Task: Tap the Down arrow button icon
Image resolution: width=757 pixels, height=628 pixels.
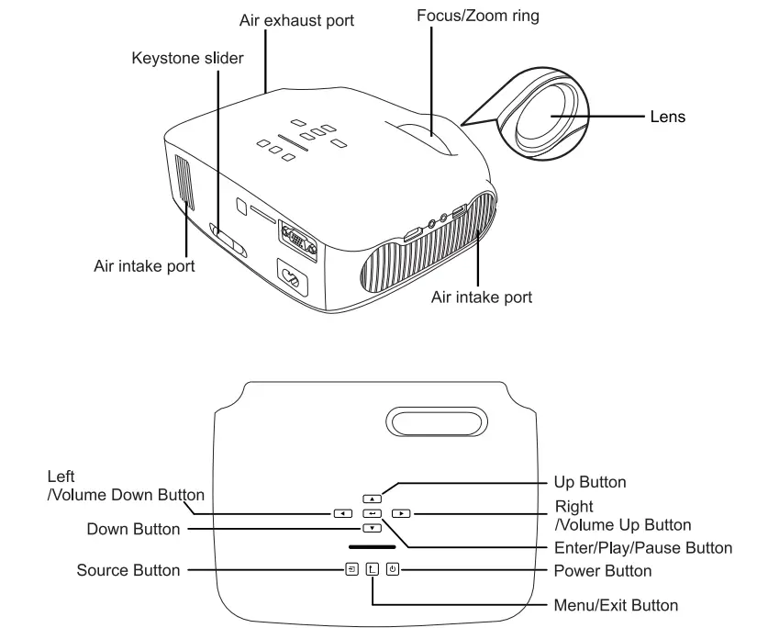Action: click(372, 528)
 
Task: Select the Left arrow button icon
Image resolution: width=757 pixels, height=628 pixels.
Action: click(342, 513)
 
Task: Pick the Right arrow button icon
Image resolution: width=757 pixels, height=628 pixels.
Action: click(399, 513)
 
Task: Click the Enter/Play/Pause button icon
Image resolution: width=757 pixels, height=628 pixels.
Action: click(372, 513)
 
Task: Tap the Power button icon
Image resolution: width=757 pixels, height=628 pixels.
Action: click(393, 569)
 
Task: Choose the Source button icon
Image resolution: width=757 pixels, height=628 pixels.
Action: click(352, 569)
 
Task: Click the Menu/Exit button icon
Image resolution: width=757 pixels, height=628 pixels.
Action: click(373, 569)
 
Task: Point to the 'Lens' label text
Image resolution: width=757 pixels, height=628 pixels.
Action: click(667, 117)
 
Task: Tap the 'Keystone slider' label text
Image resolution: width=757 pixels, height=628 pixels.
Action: click(188, 59)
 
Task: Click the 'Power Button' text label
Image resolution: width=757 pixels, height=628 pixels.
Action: click(603, 571)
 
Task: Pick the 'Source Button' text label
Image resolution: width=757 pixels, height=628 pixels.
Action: click(128, 571)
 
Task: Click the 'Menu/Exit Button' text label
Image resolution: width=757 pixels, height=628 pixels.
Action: click(616, 605)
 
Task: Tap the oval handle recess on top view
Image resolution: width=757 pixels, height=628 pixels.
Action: click(439, 424)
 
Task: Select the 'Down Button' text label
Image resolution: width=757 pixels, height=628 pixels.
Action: click(134, 529)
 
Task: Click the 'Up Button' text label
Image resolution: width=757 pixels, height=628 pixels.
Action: click(590, 482)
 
